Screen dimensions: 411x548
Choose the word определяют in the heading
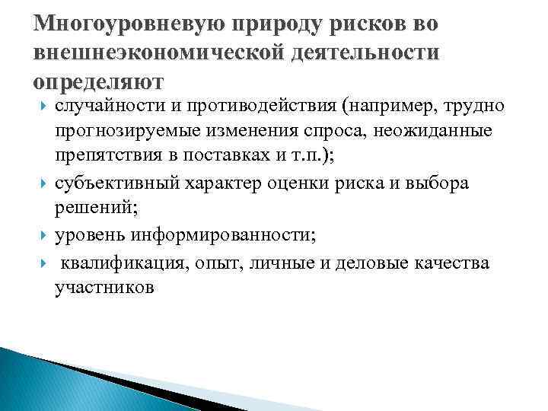(100, 79)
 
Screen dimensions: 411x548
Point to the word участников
(104, 288)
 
